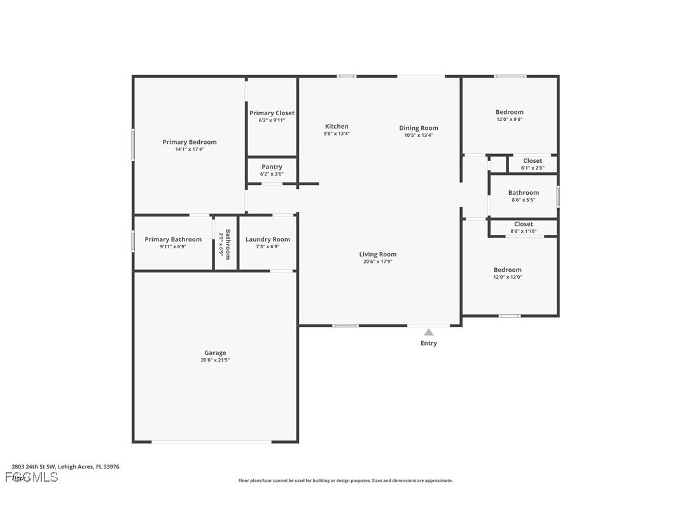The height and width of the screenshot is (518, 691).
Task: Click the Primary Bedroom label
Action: pyautogui.click(x=190, y=142)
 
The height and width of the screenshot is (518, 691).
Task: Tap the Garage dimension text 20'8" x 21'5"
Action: pyautogui.click(x=215, y=360)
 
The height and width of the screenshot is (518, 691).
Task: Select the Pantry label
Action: pyautogui.click(x=272, y=167)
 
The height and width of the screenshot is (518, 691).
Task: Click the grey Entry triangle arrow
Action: pyautogui.click(x=429, y=332)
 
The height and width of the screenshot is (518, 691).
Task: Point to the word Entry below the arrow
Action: pyautogui.click(x=429, y=343)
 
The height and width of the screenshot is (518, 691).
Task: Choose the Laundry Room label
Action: pyautogui.click(x=268, y=239)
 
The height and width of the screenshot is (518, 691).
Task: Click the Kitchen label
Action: pyautogui.click(x=337, y=126)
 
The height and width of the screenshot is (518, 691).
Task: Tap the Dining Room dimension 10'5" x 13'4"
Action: pyautogui.click(x=419, y=135)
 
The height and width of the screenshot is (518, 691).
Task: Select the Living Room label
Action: pyautogui.click(x=378, y=254)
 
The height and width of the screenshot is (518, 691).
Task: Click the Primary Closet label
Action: pyautogui.click(x=272, y=113)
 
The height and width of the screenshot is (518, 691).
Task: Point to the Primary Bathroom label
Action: pyautogui.click(x=173, y=239)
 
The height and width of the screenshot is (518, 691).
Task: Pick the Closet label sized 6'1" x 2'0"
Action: pyautogui.click(x=533, y=160)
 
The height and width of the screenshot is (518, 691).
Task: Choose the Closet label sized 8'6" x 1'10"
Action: pyautogui.click(x=524, y=224)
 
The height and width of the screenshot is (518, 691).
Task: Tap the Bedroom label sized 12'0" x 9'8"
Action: pyautogui.click(x=510, y=112)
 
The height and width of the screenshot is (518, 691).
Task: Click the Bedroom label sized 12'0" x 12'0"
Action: pyautogui.click(x=508, y=269)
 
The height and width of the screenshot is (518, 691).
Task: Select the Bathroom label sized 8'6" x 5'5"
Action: pyautogui.click(x=524, y=192)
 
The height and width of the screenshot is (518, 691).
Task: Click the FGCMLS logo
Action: pyautogui.click(x=32, y=477)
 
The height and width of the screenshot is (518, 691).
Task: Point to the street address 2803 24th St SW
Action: pyautogui.click(x=35, y=466)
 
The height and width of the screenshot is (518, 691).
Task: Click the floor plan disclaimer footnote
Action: pyautogui.click(x=345, y=480)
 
